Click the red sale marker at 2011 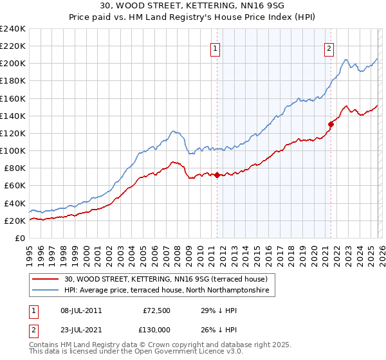pos(217,175)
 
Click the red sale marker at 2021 pos(331,124)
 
